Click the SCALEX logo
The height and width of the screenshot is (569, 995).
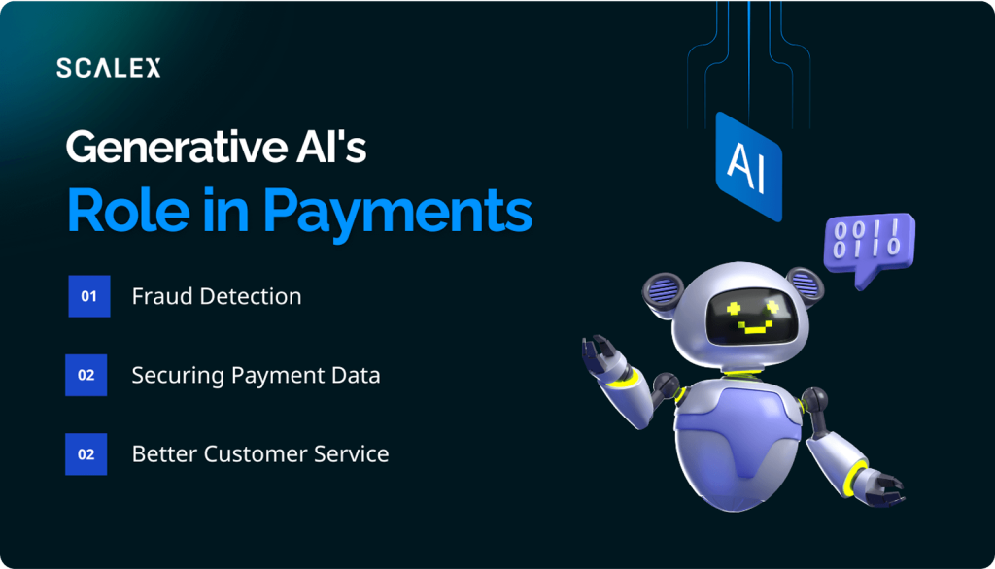coord(109,68)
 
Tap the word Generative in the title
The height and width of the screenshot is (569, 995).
coord(177,148)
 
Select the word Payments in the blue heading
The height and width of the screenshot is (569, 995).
coord(397,212)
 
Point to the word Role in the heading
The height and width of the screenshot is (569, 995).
coord(128,210)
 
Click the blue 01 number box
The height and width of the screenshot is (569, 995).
coord(89,296)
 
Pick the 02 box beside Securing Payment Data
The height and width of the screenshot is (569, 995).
coord(86,375)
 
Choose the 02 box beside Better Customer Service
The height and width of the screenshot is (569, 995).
coord(86,454)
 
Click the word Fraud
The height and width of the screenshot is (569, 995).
coord(162,296)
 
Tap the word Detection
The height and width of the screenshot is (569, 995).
coord(251,296)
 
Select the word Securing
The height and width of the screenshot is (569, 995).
coord(178,376)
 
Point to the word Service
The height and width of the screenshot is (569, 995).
coord(352,454)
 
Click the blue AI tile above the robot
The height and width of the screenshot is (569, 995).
coord(749,166)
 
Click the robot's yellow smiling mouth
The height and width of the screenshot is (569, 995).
coord(754,327)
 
